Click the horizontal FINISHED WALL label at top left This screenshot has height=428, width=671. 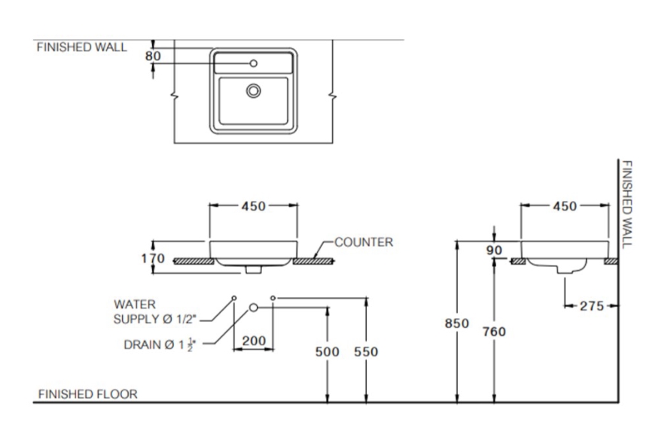point(82,47)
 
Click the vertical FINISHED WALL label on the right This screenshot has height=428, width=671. point(626,202)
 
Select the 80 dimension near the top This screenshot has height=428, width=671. point(153,55)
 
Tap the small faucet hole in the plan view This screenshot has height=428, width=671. point(254,63)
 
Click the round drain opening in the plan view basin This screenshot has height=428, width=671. point(254,91)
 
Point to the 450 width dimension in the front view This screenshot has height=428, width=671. point(253,207)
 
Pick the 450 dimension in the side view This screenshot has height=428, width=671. point(565,207)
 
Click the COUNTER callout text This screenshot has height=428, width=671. point(364,242)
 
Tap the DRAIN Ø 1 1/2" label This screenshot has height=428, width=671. point(160,345)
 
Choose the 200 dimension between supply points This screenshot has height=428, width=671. point(254,341)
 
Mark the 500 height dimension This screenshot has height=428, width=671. point(328,352)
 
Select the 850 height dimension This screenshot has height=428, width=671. point(457,323)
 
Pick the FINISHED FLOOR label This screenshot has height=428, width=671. point(88,393)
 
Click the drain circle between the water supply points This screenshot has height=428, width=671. point(254,307)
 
